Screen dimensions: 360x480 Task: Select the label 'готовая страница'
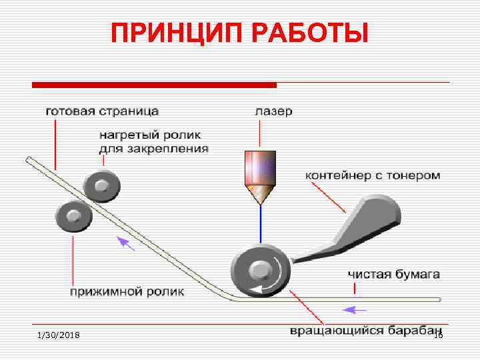click(102, 111)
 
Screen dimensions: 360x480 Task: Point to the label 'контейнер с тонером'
click(373, 176)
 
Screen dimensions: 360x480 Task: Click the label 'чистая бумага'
click(393, 274)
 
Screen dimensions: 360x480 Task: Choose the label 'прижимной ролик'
click(127, 291)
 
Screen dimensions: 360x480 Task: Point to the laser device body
click(261, 167)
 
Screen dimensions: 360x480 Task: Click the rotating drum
click(261, 271)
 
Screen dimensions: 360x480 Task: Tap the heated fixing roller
click(102, 186)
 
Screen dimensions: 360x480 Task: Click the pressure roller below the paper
click(73, 216)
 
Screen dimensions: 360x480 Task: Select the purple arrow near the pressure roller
click(125, 243)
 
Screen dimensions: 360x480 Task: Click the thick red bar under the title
click(154, 85)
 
